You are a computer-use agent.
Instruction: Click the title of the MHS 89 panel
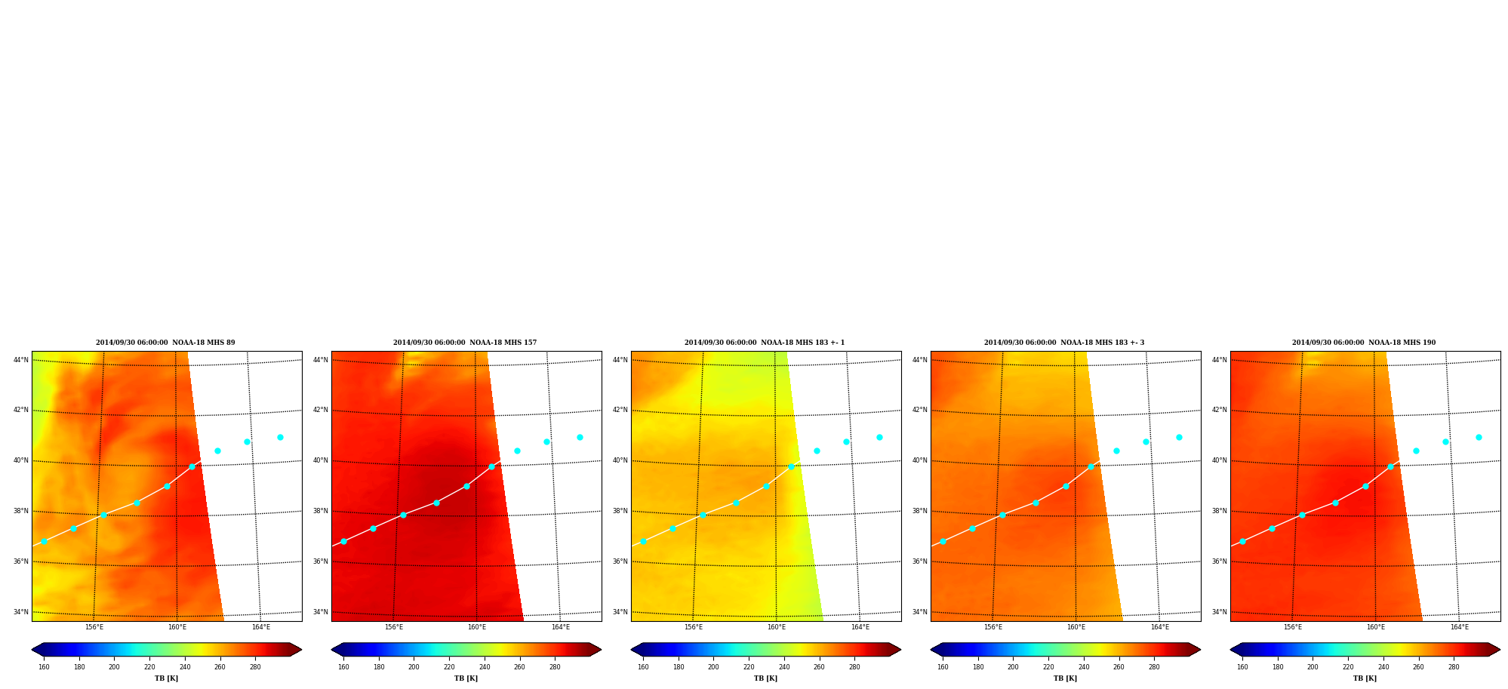165,343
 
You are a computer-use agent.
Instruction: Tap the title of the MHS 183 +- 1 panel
765,343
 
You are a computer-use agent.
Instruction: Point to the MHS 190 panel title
1364,343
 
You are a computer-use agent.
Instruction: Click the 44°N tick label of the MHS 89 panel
21,360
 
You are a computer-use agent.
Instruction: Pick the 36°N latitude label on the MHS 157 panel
321,561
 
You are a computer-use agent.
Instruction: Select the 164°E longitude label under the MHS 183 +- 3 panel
1160,627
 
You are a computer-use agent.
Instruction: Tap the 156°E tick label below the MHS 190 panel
1293,627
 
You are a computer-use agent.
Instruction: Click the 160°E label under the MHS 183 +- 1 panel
777,627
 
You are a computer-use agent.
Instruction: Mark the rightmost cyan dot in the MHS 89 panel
280,437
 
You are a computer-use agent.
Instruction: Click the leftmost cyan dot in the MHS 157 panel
343,541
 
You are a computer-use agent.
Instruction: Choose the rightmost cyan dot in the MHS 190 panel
1479,437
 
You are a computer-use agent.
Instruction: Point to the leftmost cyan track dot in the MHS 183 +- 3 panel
943,541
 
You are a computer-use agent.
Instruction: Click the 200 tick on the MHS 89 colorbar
114,667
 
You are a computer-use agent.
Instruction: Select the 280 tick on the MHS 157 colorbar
555,667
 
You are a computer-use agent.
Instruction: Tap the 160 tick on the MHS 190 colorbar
1242,667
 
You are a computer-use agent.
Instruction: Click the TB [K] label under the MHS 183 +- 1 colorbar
765,678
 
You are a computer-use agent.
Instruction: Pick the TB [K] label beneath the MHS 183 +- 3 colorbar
1065,678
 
